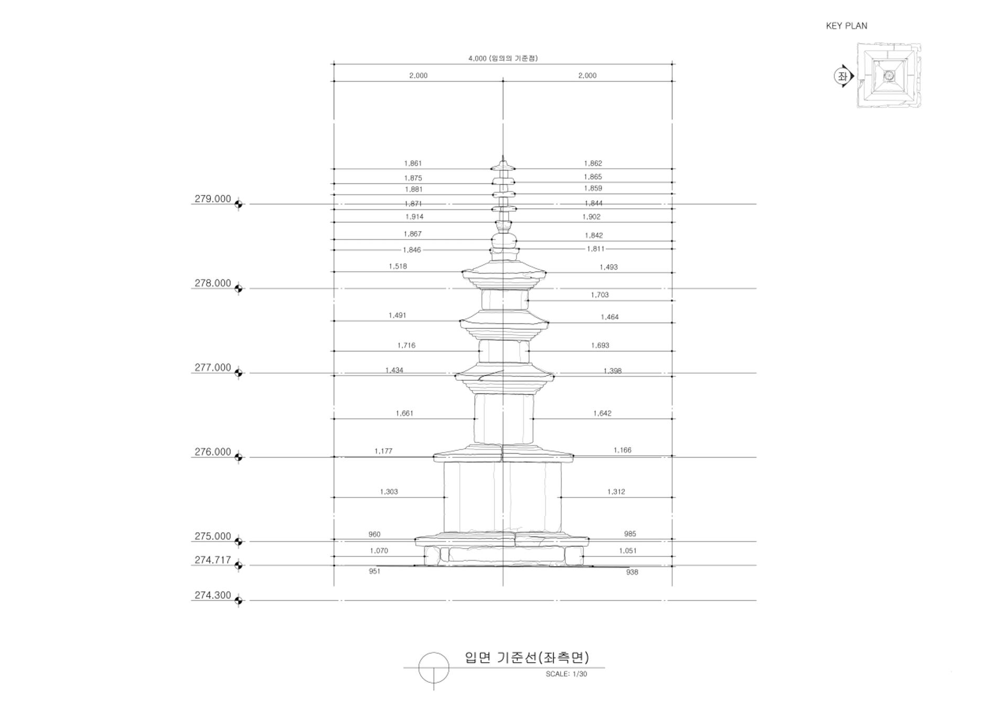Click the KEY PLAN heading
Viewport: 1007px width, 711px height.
(x=847, y=26)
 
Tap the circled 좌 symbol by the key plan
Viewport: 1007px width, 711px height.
(x=842, y=77)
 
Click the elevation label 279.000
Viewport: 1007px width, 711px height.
(x=212, y=199)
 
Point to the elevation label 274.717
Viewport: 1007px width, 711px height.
(x=212, y=560)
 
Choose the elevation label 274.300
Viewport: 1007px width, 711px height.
(x=212, y=595)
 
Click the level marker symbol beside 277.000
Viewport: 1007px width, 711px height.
(x=239, y=373)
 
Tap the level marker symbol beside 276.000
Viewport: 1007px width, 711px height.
(x=239, y=457)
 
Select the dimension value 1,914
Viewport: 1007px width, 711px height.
(x=414, y=217)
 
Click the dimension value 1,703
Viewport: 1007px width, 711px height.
(x=599, y=295)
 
